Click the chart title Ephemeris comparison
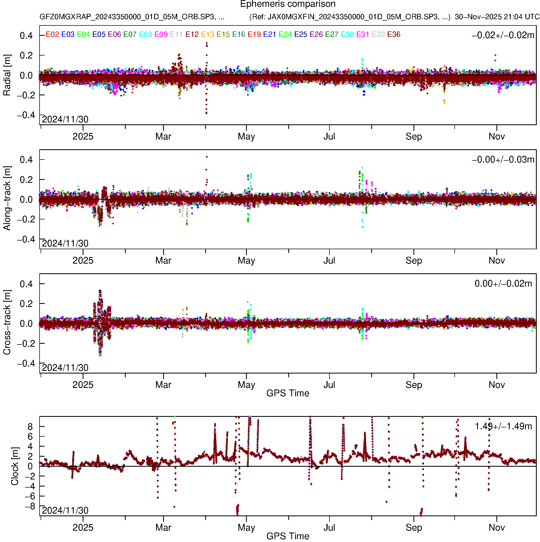288,4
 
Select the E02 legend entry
52,34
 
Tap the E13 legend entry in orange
208,34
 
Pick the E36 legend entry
394,34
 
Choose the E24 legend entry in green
285,34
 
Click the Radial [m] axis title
7,75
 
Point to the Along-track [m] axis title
7,199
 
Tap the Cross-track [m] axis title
7,323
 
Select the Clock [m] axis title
15,466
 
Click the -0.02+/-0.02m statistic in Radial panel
503,35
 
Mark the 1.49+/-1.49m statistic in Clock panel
503,426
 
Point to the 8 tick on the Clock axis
30,427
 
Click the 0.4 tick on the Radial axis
26,36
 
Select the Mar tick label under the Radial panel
163,137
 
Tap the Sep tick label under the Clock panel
414,528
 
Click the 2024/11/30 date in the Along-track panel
65,244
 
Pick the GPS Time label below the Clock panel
288,536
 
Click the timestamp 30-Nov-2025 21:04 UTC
497,17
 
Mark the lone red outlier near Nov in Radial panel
495,55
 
